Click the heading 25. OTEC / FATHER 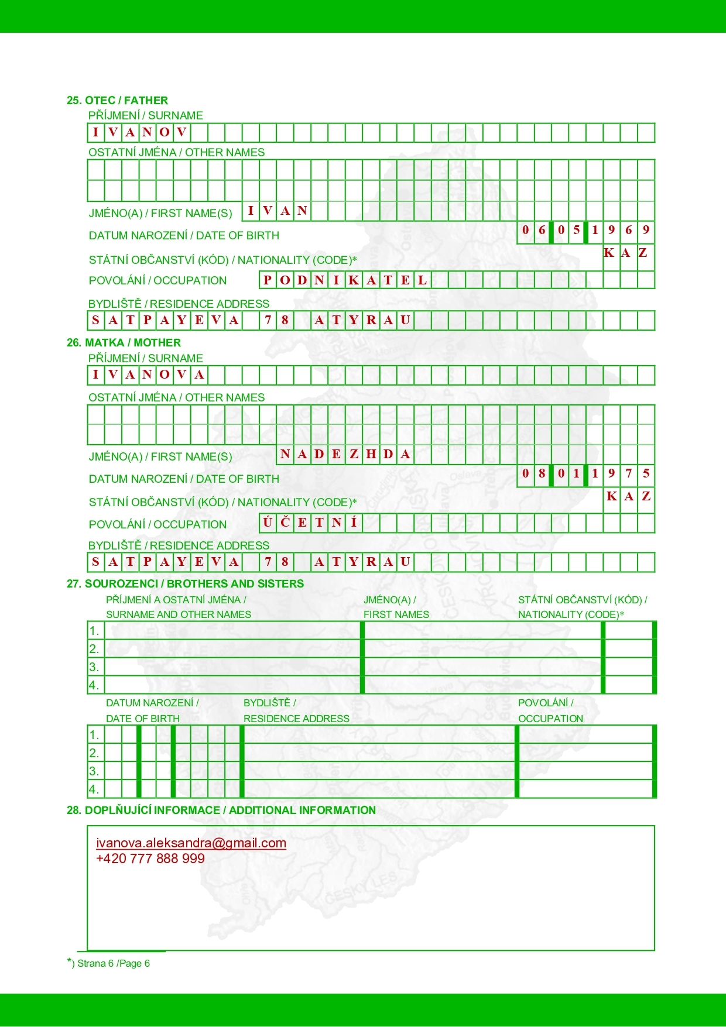click(x=117, y=100)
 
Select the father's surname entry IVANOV click(x=139, y=132)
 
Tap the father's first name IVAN click(x=276, y=211)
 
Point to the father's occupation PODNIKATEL click(x=345, y=280)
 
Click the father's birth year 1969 click(x=620, y=230)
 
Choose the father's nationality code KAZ click(x=626, y=253)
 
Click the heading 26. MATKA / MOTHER click(x=124, y=342)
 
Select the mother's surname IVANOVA click(x=148, y=375)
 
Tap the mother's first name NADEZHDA click(x=345, y=454)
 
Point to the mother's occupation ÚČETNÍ click(x=310, y=523)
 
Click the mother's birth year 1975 click(x=620, y=473)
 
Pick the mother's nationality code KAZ click(x=628, y=497)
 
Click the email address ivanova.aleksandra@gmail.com click(x=191, y=843)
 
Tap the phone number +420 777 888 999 click(x=150, y=858)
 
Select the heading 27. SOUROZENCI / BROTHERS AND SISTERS click(x=185, y=583)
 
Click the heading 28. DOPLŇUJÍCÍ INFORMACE click(x=221, y=810)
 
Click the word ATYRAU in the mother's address click(x=362, y=562)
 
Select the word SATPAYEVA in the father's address click(x=165, y=321)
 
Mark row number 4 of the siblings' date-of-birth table click(x=94, y=789)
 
